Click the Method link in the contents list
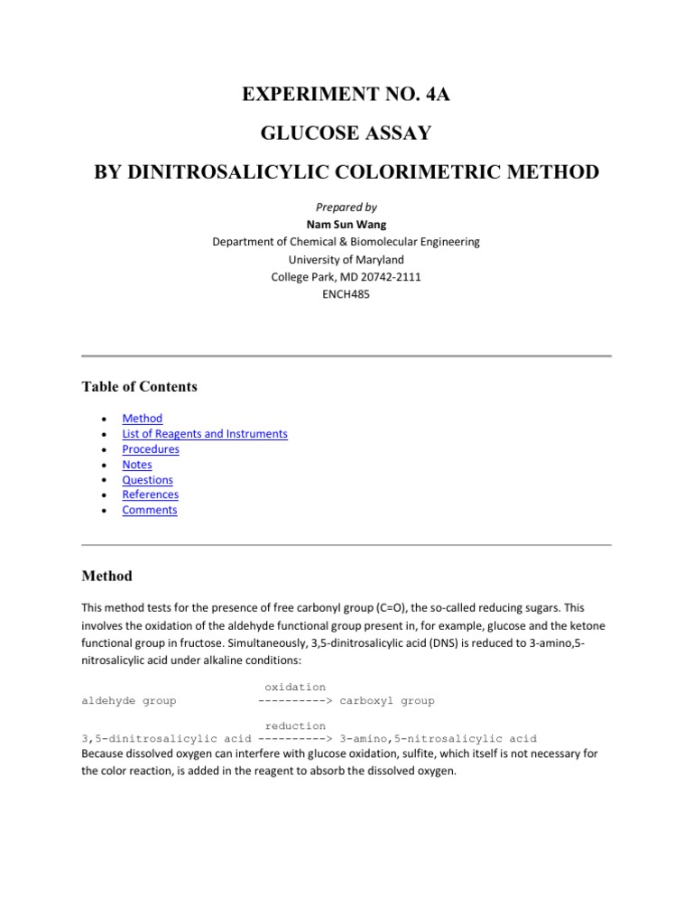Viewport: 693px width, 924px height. tap(143, 419)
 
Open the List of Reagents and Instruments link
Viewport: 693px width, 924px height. tap(205, 434)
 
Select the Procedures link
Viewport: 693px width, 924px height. tap(151, 449)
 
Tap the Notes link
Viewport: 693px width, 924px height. tap(137, 465)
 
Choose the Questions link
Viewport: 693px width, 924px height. tap(147, 480)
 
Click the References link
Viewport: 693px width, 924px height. tap(150, 494)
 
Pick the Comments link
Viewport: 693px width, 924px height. tap(150, 510)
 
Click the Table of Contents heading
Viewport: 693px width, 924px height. tap(139, 387)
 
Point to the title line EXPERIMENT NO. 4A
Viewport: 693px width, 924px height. tap(346, 93)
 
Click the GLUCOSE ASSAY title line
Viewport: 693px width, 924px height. tap(346, 134)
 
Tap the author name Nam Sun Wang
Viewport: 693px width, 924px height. tap(346, 225)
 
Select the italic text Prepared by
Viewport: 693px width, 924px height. tap(346, 208)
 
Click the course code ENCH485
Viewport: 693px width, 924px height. tap(346, 293)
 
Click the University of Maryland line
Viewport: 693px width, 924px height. tap(346, 259)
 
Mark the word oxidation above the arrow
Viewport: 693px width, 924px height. tap(295, 688)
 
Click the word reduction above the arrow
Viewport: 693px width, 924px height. tap(295, 725)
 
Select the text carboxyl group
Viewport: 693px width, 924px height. tap(387, 700)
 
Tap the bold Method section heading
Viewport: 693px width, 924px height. tap(106, 576)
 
